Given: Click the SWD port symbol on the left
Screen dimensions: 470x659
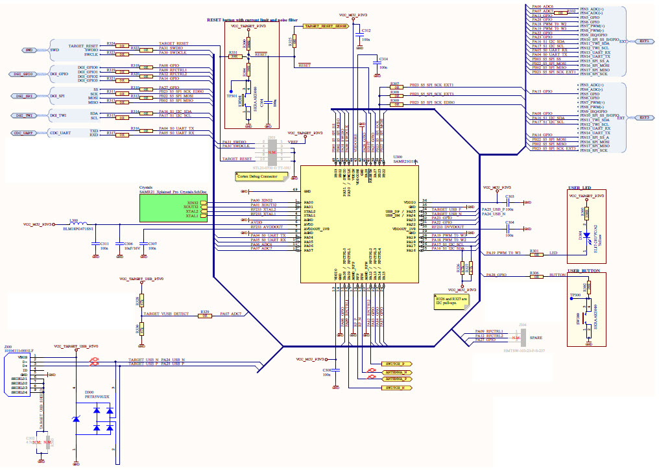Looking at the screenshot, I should (x=29, y=50).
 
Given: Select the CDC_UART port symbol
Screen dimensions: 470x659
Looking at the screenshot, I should (x=27, y=133).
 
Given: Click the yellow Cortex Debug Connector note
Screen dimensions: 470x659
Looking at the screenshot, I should (x=258, y=176).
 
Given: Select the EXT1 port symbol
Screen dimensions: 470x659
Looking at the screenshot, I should (x=643, y=41).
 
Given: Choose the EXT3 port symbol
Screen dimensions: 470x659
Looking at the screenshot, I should (x=643, y=118).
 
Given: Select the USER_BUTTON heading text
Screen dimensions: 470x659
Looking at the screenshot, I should (x=582, y=270).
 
